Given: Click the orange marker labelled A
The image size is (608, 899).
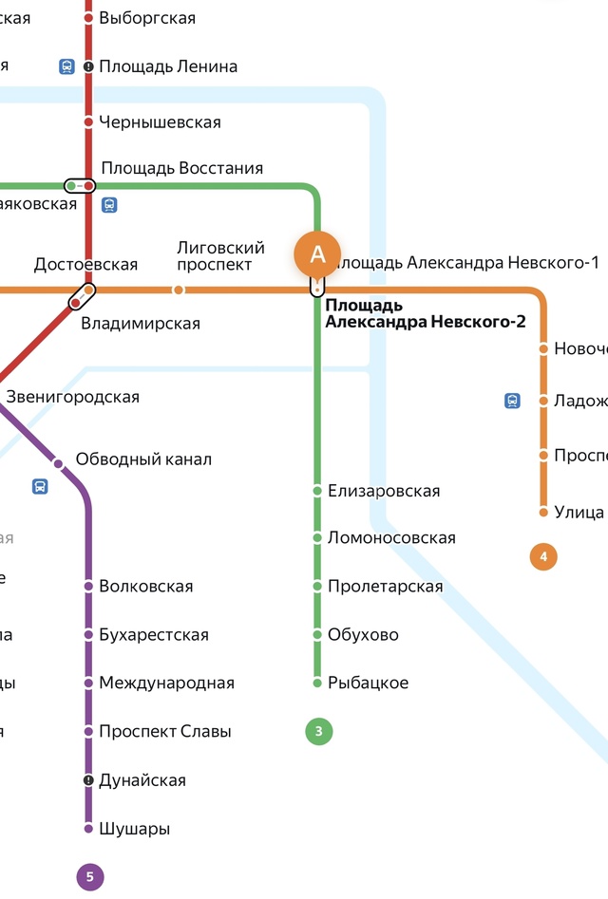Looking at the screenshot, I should pos(318,253).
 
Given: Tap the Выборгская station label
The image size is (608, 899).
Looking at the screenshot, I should pos(147,18).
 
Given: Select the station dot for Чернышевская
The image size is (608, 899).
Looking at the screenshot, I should pos(88,122).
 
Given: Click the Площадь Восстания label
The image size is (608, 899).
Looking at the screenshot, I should pos(181,168).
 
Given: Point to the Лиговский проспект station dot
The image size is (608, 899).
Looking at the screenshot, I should pos(178,290).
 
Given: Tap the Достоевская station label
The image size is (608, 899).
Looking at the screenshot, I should pos(85,265).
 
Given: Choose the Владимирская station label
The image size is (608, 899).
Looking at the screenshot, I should pos(141,324).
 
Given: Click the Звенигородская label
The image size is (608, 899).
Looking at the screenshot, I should pos(72,397).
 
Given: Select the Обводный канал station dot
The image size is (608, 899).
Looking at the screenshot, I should pos(58,464).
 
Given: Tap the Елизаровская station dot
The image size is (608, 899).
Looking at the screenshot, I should pos(317,491).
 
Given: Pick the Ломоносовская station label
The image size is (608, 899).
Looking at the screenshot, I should pos(391,538).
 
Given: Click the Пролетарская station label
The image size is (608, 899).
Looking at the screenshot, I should pos(385,587).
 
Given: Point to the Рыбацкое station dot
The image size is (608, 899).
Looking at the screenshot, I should pos(317,683).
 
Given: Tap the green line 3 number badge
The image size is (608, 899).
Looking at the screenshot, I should pos(318,732).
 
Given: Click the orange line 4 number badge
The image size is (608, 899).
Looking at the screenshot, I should pos(543,556).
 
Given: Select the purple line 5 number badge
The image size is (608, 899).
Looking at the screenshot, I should pos(89,877).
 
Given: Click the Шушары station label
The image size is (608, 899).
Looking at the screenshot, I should pos(134,829).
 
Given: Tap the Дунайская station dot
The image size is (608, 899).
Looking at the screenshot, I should pos(88,780).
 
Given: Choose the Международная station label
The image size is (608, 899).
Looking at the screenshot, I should pos(166,684).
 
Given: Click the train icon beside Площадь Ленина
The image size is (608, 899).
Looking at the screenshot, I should pos(66,66).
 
